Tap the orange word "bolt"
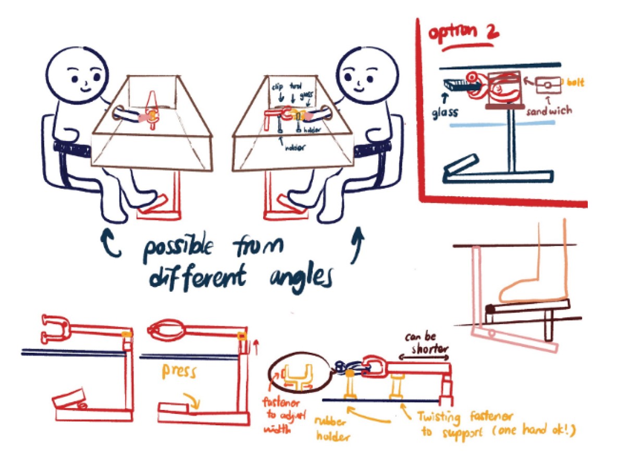click(x=576, y=82)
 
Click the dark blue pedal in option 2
click(x=462, y=164)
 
